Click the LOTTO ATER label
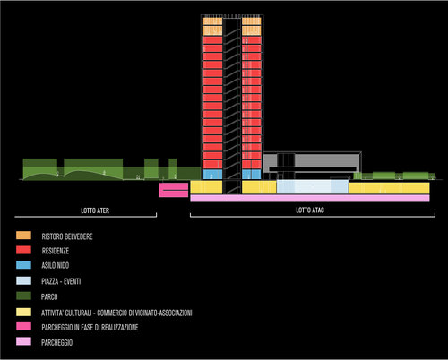(95, 210)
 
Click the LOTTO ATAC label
(310, 210)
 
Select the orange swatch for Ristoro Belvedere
(23, 236)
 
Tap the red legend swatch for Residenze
(23, 250)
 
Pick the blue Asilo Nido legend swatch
(23, 265)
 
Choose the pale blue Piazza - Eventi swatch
(23, 280)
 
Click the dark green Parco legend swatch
(23, 296)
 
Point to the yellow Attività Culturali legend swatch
(23, 312)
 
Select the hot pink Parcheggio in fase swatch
(23, 327)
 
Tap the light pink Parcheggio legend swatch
(23, 341)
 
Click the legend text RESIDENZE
(56, 251)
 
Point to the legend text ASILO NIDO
(56, 265)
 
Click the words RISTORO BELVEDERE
(67, 236)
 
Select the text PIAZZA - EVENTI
(61, 281)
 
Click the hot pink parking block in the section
(174, 190)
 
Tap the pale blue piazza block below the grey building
(313, 187)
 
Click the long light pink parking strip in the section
(310, 198)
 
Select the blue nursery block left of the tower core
(212, 175)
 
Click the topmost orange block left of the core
(212, 21)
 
